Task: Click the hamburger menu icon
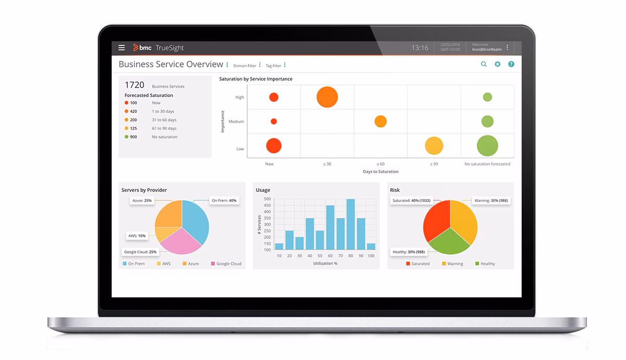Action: click(x=122, y=47)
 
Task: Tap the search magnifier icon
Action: click(x=484, y=64)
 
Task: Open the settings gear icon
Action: click(x=497, y=64)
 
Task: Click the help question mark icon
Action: click(x=511, y=64)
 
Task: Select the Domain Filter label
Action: click(x=245, y=66)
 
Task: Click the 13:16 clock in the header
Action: click(x=419, y=48)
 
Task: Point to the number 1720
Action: click(x=134, y=85)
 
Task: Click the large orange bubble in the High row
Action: click(x=327, y=97)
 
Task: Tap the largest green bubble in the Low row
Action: click(x=487, y=146)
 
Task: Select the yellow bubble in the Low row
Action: click(x=434, y=146)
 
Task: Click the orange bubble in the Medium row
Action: click(x=380, y=122)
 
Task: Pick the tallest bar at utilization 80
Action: click(x=351, y=224)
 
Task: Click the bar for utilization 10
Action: click(x=279, y=246)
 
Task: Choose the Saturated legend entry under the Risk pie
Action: click(x=417, y=264)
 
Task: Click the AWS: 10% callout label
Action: click(x=137, y=236)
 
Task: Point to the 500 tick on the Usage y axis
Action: click(x=267, y=199)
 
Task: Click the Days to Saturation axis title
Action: click(x=380, y=172)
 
